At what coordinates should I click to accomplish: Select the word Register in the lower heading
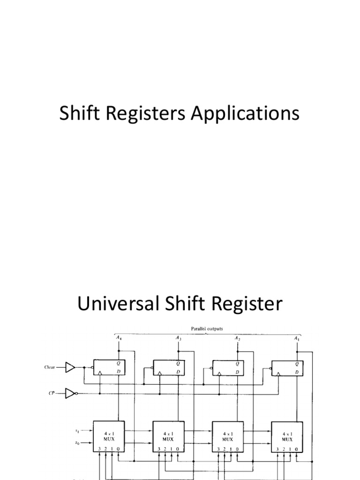pyautogui.click(x=249, y=305)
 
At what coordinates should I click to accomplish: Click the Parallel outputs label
pyautogui.click(x=207, y=329)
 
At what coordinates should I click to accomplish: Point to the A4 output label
pyautogui.click(x=118, y=337)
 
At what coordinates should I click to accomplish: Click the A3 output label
pyautogui.click(x=178, y=337)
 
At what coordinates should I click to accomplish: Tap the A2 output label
pyautogui.click(x=238, y=337)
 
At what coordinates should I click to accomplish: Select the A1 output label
pyautogui.click(x=297, y=337)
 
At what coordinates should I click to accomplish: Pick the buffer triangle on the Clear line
pyautogui.click(x=70, y=367)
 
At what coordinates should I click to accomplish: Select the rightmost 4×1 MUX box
pyautogui.click(x=287, y=436)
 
